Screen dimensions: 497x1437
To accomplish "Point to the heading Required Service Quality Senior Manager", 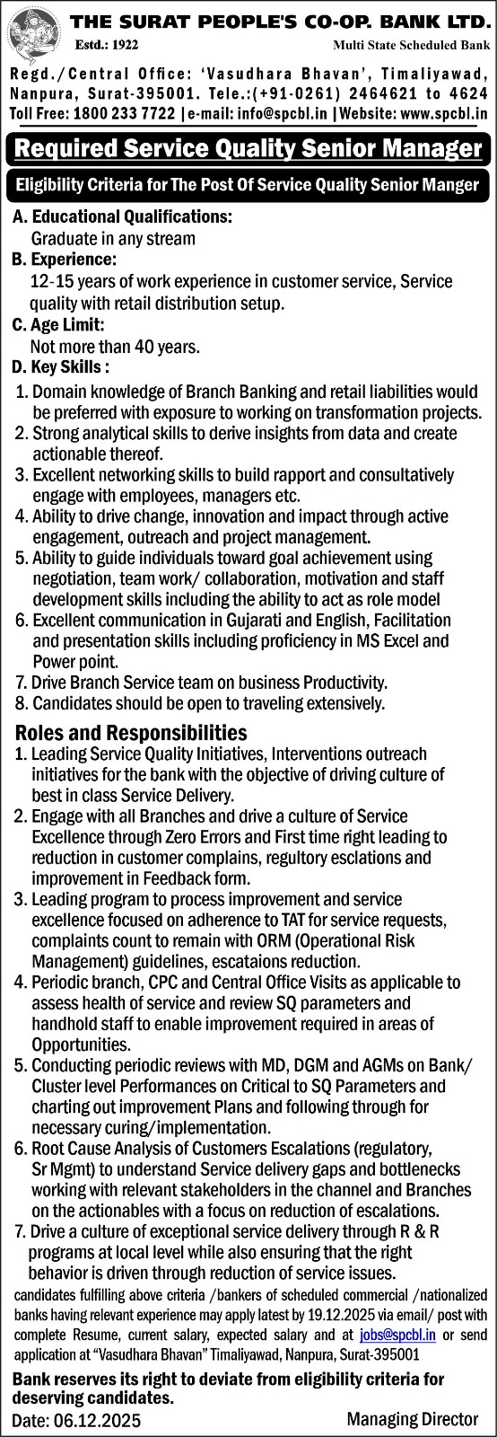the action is [248, 148].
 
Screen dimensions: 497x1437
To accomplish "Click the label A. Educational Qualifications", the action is [122, 216].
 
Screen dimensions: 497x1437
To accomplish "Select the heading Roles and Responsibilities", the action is [130, 733].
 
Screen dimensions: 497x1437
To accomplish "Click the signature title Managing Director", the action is [413, 1419].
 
